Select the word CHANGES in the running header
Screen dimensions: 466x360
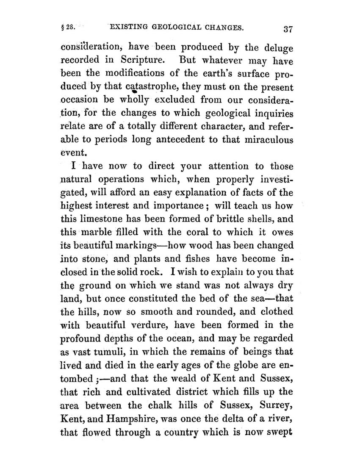[222, 28]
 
